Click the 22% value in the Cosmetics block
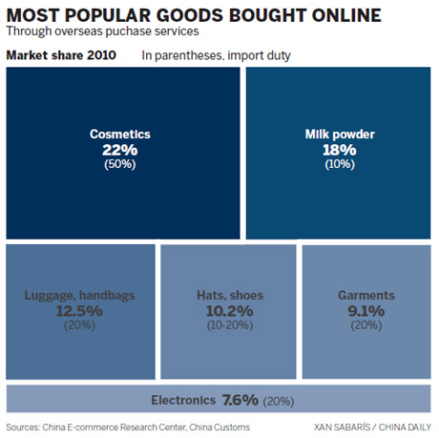click(120, 150)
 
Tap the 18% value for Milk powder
click(339, 150)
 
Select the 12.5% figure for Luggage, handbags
click(80, 311)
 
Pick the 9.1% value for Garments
click(366, 311)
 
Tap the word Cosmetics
click(120, 135)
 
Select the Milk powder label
click(339, 135)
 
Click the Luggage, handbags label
click(80, 296)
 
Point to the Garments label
click(366, 296)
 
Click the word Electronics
click(183, 399)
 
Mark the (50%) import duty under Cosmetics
click(120, 164)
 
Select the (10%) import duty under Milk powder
click(339, 164)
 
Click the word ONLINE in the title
click(325, 15)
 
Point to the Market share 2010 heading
click(62, 55)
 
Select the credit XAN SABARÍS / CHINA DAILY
click(372, 427)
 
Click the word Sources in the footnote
click(28, 427)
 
